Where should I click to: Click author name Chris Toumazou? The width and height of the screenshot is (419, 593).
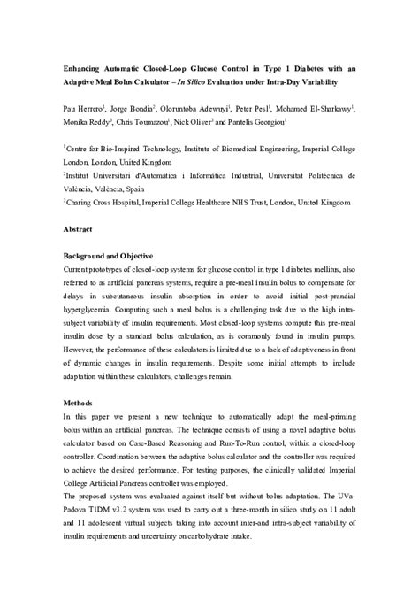point(143,123)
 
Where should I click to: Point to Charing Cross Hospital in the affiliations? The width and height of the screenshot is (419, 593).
point(107,204)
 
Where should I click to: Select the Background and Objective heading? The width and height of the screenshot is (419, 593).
point(110,255)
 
